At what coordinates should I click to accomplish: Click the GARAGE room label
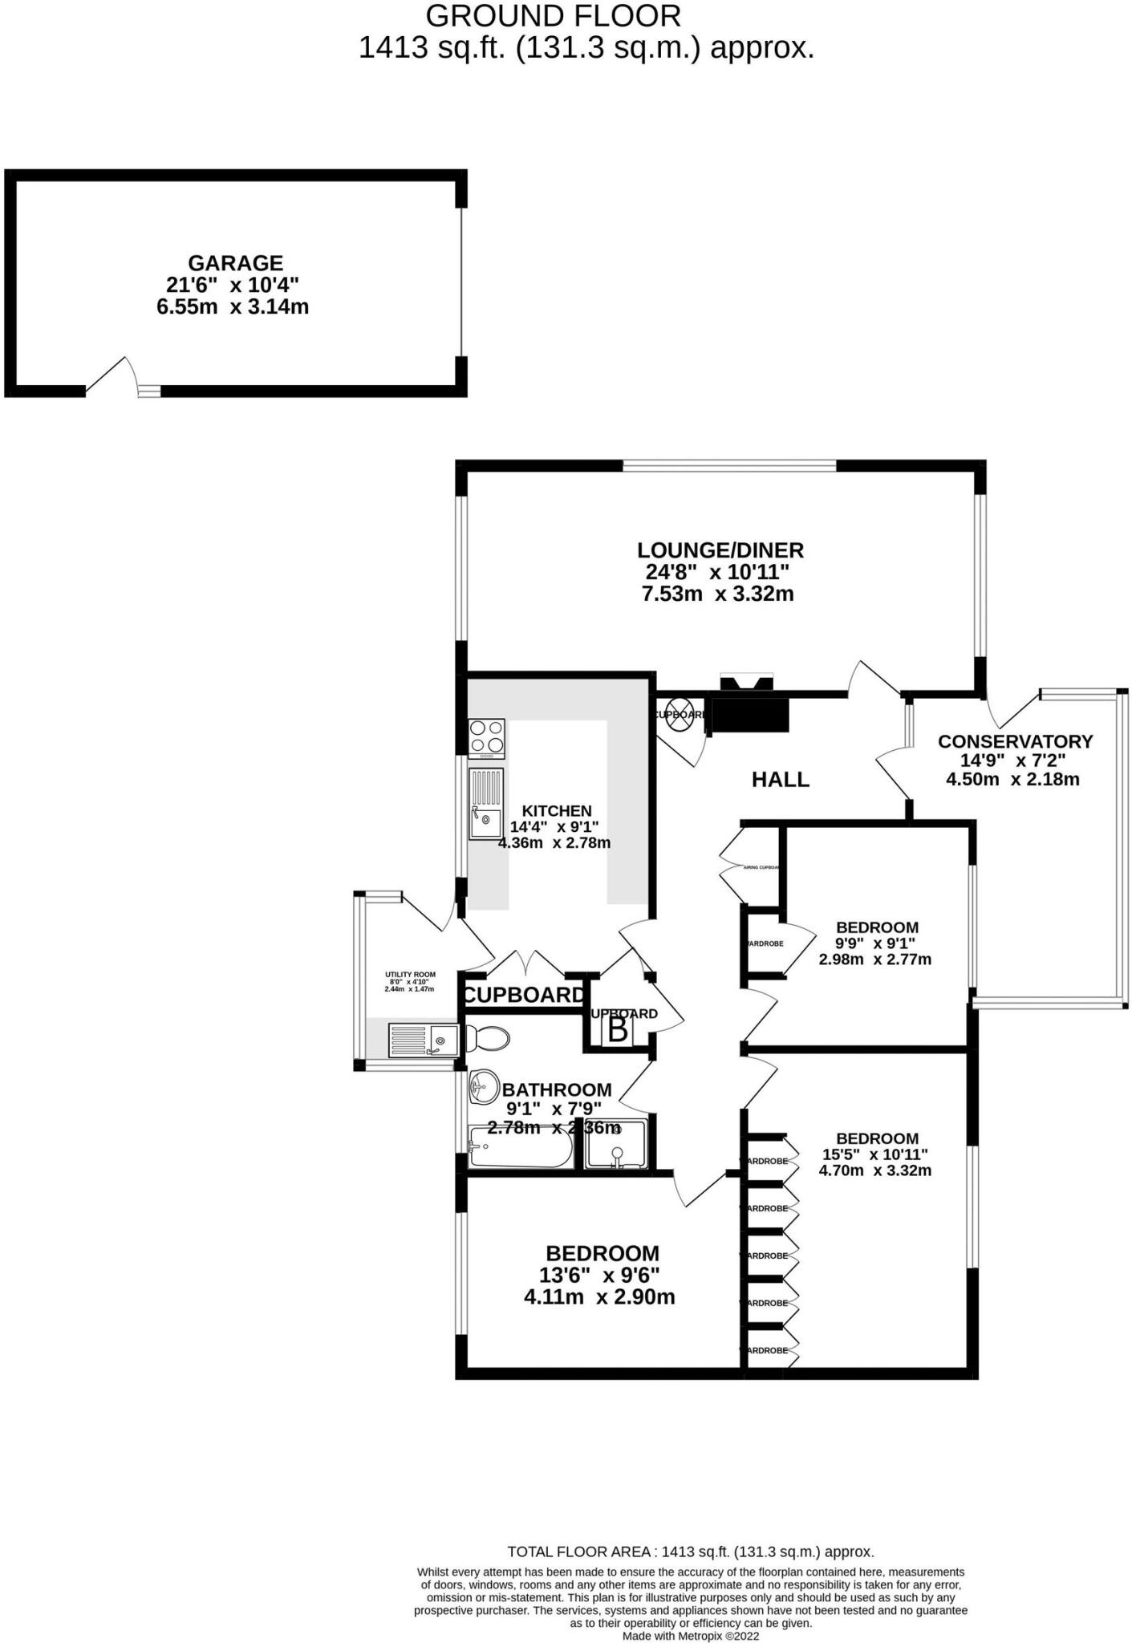tap(235, 263)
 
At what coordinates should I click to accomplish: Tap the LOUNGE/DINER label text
tap(720, 550)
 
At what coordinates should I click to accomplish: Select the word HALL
tap(780, 779)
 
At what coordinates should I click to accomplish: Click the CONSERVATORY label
tap(1015, 741)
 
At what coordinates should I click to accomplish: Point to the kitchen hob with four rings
tap(487, 738)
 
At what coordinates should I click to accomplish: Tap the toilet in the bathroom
tap(489, 1039)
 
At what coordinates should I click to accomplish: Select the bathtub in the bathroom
tap(520, 1147)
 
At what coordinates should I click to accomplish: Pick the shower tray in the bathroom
tap(615, 1145)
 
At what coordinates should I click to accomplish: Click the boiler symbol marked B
tap(618, 1030)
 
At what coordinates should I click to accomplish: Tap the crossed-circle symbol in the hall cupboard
tap(680, 714)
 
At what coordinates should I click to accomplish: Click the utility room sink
tap(423, 1041)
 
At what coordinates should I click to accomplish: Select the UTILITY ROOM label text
tap(410, 975)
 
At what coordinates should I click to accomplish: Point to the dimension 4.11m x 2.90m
tap(598, 1297)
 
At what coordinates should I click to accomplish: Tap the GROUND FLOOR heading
tap(553, 16)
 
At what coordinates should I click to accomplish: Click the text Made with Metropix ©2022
tap(690, 1636)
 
